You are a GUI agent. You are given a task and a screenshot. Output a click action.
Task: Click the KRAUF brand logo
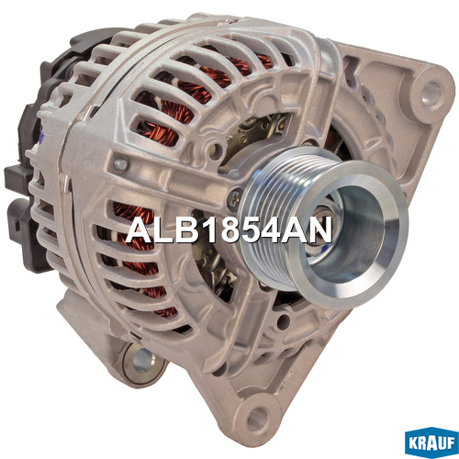pos(431,443)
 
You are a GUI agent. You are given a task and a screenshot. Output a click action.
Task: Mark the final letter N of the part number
pos(320,229)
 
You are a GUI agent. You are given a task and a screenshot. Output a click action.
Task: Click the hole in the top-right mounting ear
pos(431,93)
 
